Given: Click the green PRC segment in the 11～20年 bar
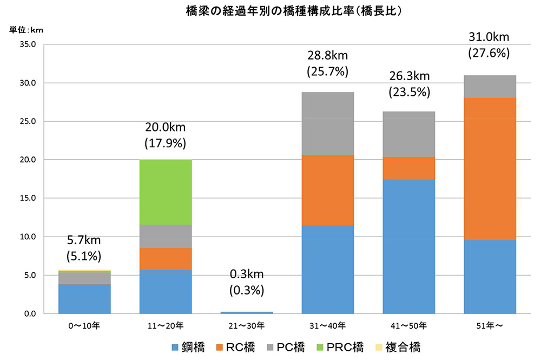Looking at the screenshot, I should coord(166,192).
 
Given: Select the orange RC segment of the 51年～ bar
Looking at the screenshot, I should coord(490,169).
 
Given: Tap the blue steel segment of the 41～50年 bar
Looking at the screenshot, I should coord(408,246).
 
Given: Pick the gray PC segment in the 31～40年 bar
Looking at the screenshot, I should coord(327,124).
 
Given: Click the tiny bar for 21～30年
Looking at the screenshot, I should coord(246,312).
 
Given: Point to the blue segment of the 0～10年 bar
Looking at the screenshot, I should coord(84,299).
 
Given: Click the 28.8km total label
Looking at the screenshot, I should coord(327,56).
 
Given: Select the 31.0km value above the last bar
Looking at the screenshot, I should coord(490,37).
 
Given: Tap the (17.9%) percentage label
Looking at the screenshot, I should coord(166,143).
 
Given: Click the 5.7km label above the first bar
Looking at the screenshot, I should coord(84,239).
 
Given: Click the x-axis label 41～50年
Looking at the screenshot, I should coord(408,326).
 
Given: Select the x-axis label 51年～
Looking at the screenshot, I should coord(490,326).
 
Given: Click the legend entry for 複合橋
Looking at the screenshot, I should coord(398,347).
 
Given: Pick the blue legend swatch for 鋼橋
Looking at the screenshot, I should coord(175,347).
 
